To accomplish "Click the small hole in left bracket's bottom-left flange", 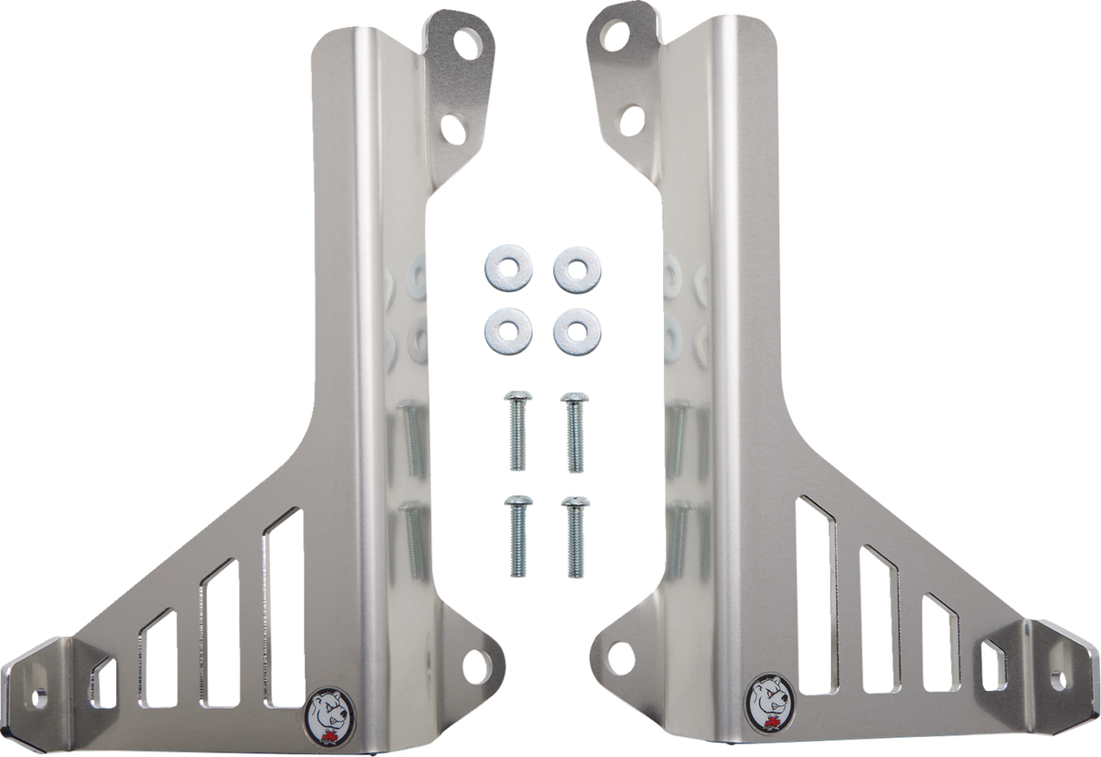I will pyautogui.click(x=41, y=698).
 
